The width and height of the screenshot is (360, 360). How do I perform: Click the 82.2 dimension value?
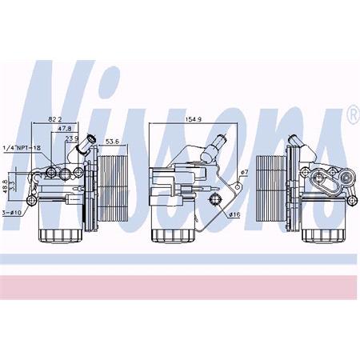(55, 118)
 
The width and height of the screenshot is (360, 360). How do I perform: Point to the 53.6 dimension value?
(112, 142)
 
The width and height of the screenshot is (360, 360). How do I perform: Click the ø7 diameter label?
(246, 173)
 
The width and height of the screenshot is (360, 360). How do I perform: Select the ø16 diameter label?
(234, 214)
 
